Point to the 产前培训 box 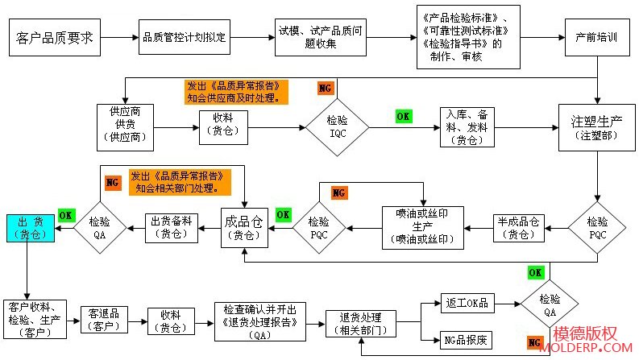[x=597, y=38]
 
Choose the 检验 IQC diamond [x=337, y=126]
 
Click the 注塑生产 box [x=596, y=127]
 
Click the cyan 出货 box [x=29, y=228]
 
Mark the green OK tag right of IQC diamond [x=403, y=116]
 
